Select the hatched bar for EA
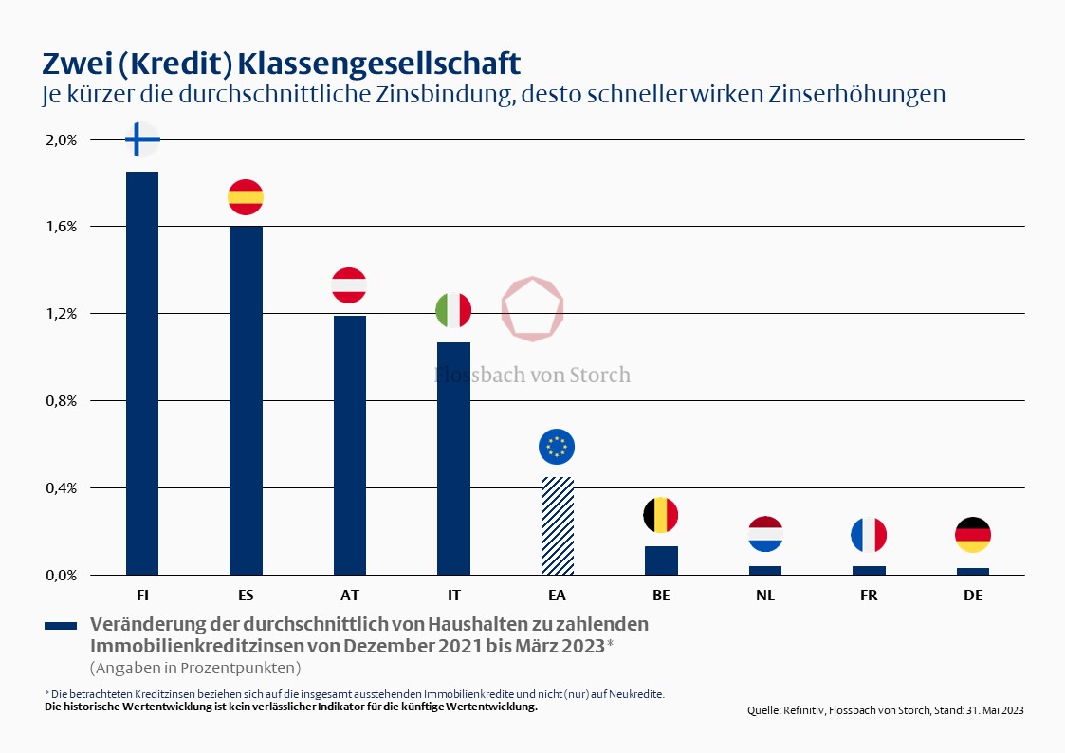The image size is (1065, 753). tap(557, 525)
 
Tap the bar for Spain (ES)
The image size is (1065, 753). tap(246, 399)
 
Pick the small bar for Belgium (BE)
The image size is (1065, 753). tap(661, 560)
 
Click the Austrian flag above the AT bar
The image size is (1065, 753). tap(349, 285)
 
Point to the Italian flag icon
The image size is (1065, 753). tap(453, 309)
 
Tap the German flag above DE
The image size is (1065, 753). tap(972, 535)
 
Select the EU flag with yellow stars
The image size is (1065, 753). tap(557, 446)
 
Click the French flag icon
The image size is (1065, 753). tap(868, 535)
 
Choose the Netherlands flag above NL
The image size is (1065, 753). tap(764, 534)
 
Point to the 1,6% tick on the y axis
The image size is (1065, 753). tap(61, 227)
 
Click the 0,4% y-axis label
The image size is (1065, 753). tap(61, 488)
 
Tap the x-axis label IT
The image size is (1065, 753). tap(453, 596)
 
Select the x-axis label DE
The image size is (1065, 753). tap(972, 596)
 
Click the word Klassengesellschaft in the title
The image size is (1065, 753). tap(378, 64)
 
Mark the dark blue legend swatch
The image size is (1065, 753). tap(61, 626)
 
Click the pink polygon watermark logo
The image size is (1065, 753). tap(533, 309)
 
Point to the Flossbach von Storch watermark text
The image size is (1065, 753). tap(532, 375)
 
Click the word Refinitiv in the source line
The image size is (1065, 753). tap(801, 710)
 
